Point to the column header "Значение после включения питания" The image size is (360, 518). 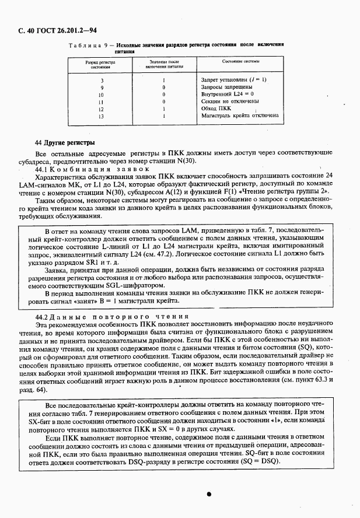[163, 64]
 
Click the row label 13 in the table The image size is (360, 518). [102, 116]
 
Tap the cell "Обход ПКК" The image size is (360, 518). [215, 108]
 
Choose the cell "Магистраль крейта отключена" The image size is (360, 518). [239, 116]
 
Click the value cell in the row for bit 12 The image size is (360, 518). [163, 108]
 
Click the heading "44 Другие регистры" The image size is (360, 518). [65, 142]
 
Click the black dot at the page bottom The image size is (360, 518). [208, 493]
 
